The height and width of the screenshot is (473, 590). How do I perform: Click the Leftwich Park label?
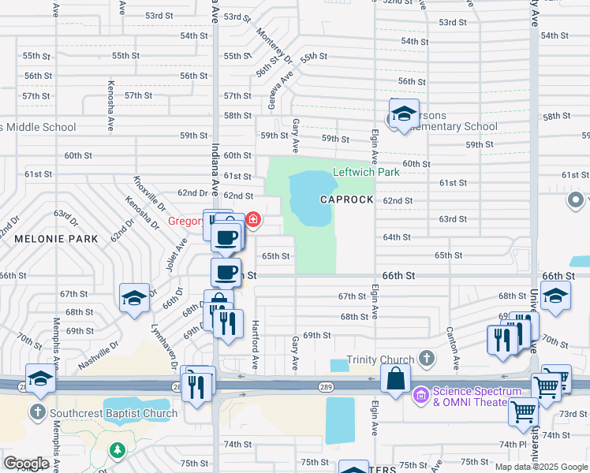coord(366,172)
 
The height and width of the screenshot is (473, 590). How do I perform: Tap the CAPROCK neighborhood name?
coord(346,199)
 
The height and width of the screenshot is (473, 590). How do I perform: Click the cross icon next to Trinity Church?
coord(426,359)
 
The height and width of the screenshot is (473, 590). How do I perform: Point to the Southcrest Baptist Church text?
coord(114,413)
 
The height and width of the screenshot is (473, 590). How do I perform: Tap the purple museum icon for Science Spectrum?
coord(420,393)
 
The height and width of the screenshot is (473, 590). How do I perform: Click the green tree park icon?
coord(118,450)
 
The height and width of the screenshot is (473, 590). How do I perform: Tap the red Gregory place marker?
coord(253,219)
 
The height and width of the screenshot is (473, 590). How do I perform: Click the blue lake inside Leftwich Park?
coord(312,197)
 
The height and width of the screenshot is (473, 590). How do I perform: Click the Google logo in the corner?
coord(26,463)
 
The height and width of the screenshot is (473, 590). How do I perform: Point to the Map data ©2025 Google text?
coord(541,467)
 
